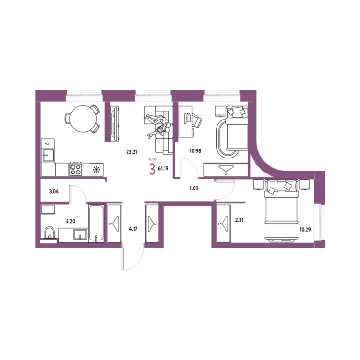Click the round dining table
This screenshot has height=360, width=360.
point(83,119)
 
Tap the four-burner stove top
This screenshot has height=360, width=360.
point(75,169)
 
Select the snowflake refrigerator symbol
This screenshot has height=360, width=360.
point(97,170)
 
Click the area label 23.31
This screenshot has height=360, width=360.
point(132,152)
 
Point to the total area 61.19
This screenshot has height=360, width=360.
point(163,169)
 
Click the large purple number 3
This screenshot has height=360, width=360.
point(152,169)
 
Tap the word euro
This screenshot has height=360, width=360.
point(152,159)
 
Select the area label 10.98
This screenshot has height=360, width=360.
point(195,151)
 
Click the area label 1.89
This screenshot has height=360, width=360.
point(194,188)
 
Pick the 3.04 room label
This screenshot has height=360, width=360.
point(54,191)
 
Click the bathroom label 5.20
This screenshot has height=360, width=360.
point(70,221)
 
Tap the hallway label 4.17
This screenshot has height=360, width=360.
point(133,229)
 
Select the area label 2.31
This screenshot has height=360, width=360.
point(239,220)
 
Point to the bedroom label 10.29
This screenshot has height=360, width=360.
point(305,230)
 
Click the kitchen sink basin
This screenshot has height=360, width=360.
point(48,156)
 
